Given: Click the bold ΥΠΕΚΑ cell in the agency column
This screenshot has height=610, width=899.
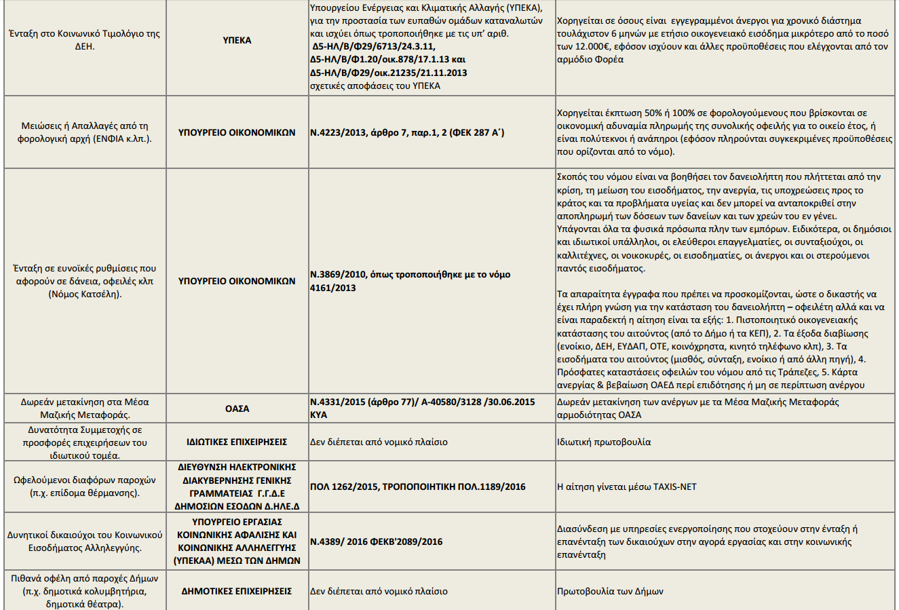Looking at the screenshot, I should pos(237,40).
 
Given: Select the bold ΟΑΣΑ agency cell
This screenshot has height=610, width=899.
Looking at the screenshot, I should pos(237,408).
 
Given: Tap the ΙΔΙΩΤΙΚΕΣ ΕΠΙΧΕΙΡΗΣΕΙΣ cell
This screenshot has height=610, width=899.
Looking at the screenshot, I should pos(237,442).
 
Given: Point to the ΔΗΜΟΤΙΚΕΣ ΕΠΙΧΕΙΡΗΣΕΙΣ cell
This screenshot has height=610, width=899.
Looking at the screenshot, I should pos(237,591).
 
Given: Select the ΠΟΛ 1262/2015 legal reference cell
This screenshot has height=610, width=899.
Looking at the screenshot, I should pos(417,487).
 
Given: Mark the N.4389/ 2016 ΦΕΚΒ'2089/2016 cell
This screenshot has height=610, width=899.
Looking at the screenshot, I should pos(376,541).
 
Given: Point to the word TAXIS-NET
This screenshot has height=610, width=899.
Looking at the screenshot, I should pos(674,487).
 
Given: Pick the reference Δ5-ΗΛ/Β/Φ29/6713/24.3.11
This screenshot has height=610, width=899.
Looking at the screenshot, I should pos(372,46).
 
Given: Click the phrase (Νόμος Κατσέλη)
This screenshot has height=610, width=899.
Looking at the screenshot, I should pos(85,294).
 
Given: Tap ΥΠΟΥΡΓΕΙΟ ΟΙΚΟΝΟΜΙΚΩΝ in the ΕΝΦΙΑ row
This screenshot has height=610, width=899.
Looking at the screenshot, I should pos(237,132).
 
